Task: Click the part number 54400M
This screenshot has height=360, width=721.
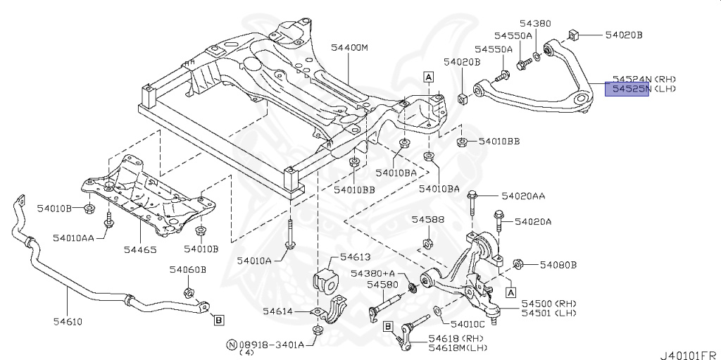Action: tap(350, 48)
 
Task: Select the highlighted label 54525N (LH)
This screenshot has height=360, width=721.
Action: tap(643, 89)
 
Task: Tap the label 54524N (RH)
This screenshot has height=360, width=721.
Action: tap(643, 79)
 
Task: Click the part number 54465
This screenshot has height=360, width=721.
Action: tap(139, 249)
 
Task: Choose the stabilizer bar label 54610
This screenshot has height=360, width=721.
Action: tap(65, 322)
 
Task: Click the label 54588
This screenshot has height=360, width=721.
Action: tap(428, 220)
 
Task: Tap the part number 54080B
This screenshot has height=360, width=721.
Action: tap(558, 265)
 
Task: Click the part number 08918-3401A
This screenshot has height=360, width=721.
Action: tap(271, 345)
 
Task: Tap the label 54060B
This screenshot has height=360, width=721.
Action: tap(187, 269)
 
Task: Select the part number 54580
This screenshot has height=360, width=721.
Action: tap(382, 285)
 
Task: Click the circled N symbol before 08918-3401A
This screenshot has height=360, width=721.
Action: tap(231, 345)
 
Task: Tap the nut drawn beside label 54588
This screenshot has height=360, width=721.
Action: tap(427, 244)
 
